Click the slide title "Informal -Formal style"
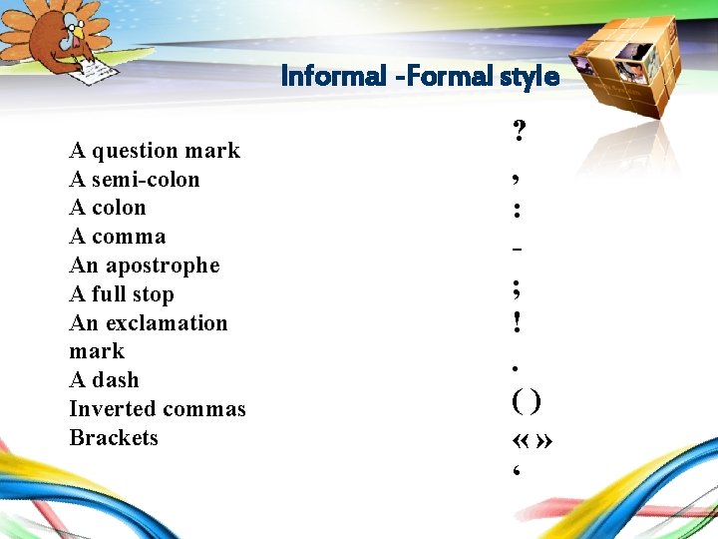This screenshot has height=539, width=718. [420, 76]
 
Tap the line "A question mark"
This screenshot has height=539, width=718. [155, 151]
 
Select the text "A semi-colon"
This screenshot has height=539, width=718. [135, 180]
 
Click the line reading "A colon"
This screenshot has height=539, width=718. [108, 208]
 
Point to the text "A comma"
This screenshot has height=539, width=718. [118, 237]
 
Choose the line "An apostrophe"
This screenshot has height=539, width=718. [145, 266]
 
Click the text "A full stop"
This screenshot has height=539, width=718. [122, 294]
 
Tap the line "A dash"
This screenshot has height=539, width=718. [105, 380]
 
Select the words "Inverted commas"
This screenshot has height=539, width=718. [158, 409]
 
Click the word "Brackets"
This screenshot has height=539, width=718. [114, 438]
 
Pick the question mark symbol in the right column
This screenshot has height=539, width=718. [520, 131]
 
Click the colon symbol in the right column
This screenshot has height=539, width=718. [517, 211]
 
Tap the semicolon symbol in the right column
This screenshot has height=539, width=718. [517, 289]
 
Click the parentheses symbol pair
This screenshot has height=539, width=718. [526, 401]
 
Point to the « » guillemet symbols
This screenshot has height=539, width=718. [532, 440]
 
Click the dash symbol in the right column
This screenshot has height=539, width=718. [517, 247]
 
